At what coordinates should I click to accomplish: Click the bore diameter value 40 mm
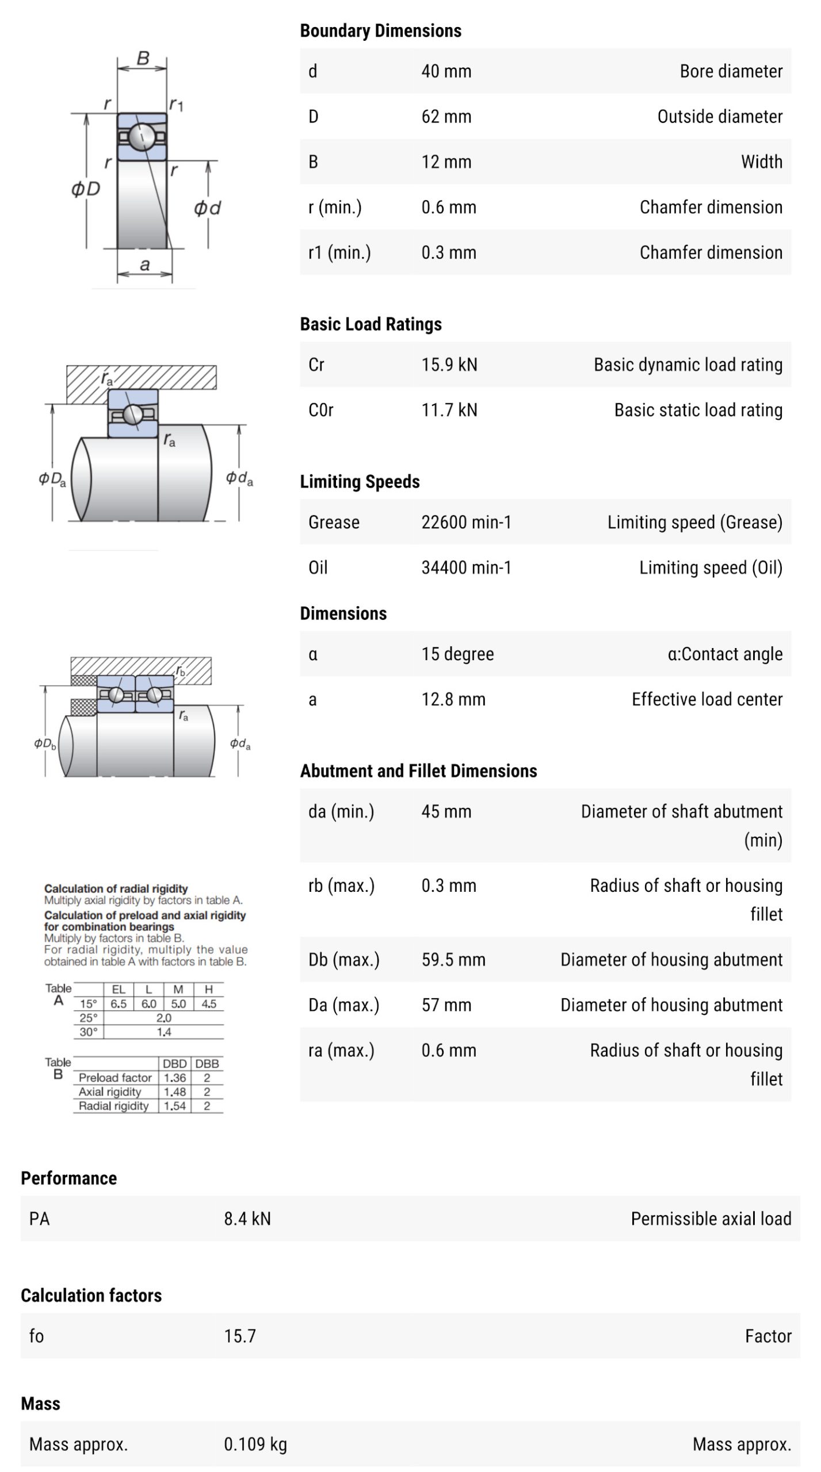(446, 71)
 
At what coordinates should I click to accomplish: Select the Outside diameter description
(720, 117)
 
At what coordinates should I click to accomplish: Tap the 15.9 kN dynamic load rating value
(449, 365)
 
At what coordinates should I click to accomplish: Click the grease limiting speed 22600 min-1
(466, 522)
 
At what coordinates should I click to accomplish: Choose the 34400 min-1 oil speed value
(466, 568)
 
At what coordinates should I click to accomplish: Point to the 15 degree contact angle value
(457, 654)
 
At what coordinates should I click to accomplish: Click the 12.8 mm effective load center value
(453, 699)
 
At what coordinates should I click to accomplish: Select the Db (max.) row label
(343, 960)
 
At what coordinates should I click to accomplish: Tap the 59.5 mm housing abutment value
(453, 960)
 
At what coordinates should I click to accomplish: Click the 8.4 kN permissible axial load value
(247, 1218)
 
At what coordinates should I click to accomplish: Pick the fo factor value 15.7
(240, 1336)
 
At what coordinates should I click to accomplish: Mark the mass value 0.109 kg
(255, 1444)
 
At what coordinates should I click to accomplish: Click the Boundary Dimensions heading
(380, 30)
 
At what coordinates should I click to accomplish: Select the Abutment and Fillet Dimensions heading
(418, 770)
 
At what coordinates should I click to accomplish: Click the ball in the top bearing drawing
(142, 136)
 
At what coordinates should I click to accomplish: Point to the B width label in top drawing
(143, 57)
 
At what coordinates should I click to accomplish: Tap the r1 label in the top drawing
(176, 104)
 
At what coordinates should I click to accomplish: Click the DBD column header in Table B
(174, 1064)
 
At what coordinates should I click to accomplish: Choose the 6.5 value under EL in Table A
(119, 1004)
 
